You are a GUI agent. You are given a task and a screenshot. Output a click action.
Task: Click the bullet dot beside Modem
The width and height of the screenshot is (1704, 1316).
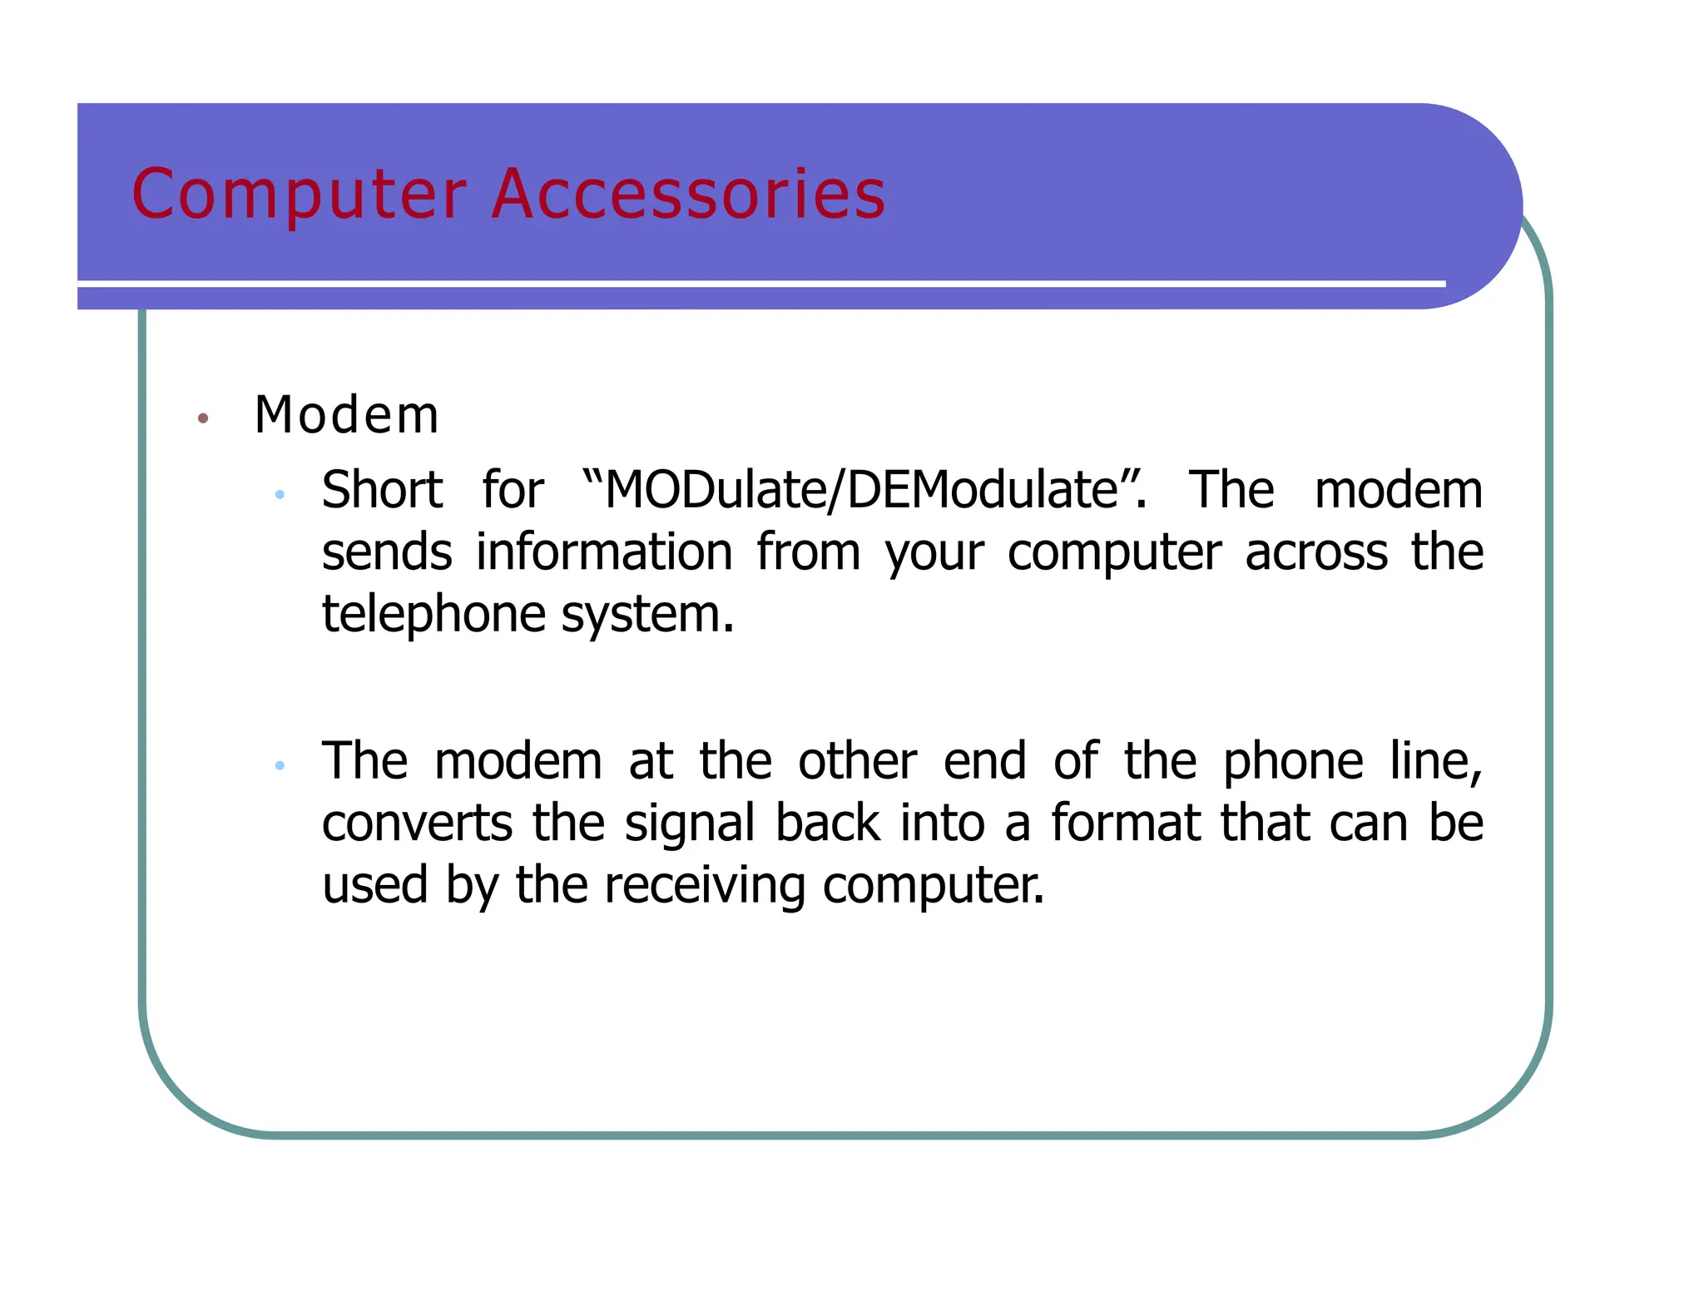coord(202,418)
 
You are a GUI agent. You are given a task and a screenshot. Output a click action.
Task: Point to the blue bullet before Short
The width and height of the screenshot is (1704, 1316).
coord(280,494)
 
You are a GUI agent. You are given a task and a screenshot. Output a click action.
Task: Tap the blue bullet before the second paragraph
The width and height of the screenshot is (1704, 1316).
coord(280,764)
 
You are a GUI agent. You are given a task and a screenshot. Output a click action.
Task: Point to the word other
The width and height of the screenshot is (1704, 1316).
coord(857,760)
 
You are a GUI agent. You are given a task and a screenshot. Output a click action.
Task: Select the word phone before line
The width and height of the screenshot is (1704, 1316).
coord(1293,760)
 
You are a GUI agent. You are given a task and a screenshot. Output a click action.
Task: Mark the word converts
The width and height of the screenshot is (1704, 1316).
coord(416,823)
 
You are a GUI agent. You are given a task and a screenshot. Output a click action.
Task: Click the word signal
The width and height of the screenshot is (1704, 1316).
coord(690,823)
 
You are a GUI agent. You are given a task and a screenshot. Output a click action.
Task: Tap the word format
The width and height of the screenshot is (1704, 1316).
coord(1125,823)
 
